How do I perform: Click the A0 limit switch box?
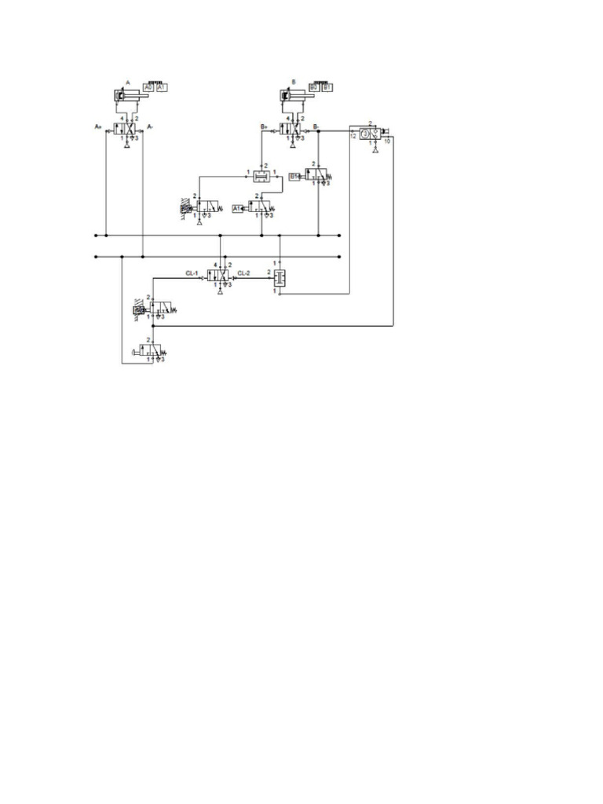click(148, 88)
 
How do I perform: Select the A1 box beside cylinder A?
click(162, 88)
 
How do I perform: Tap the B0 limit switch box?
click(313, 88)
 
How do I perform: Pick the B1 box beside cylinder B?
click(327, 88)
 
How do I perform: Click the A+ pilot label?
click(98, 126)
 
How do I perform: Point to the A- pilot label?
click(150, 126)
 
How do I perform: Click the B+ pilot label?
click(264, 126)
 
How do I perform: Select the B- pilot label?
click(316, 126)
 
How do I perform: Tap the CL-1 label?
click(192, 273)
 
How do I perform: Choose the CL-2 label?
click(243, 273)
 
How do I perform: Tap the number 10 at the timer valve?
click(387, 141)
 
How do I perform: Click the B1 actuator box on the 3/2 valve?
click(294, 177)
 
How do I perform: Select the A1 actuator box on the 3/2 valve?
click(238, 208)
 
